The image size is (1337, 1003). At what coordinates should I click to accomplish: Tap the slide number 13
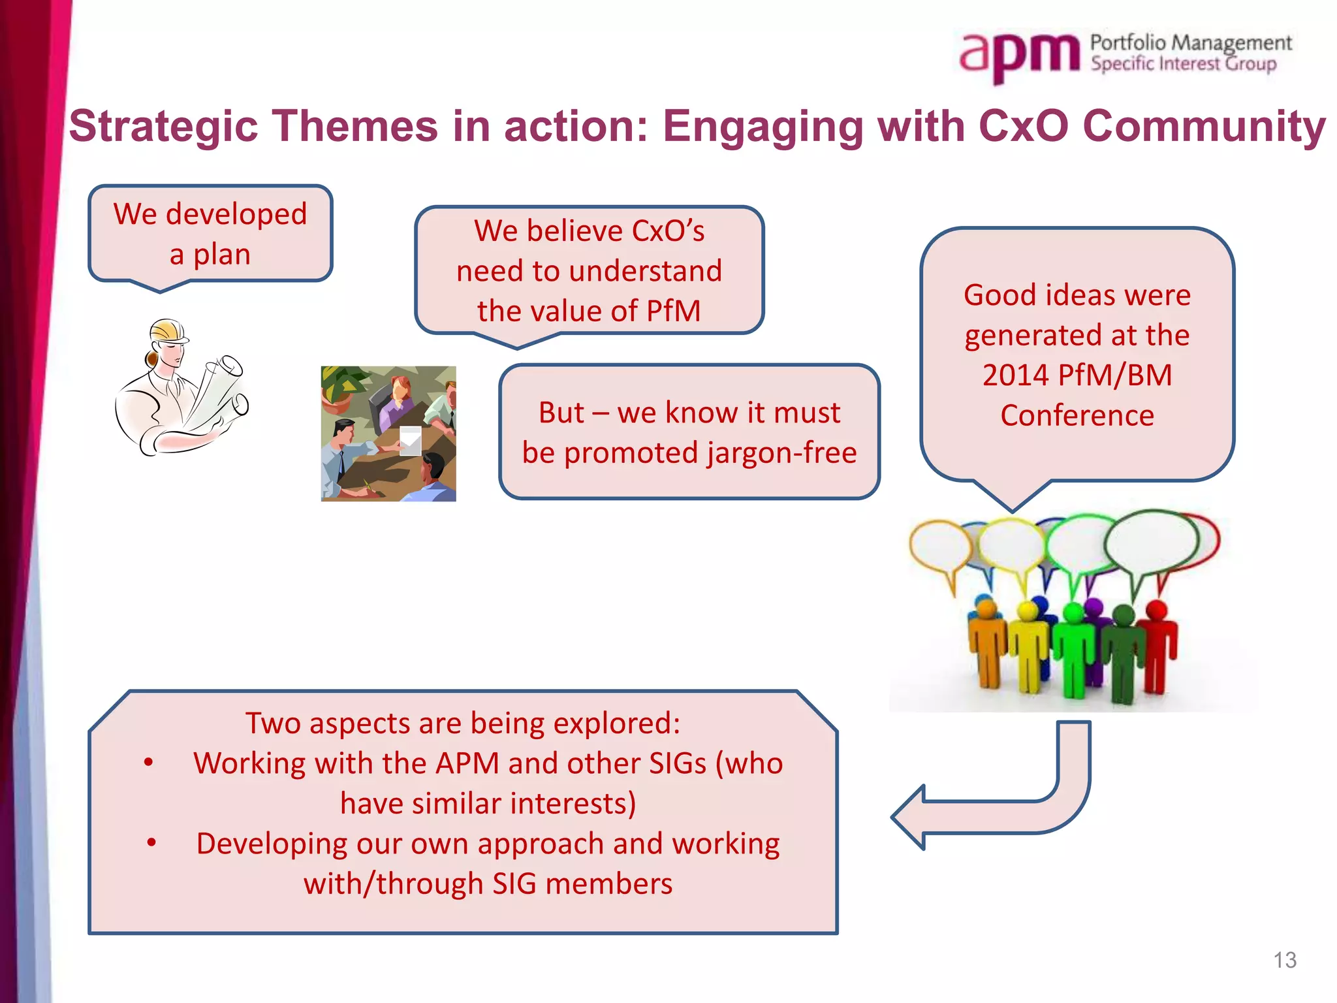1284,960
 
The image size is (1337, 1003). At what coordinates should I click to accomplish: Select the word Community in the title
1204,125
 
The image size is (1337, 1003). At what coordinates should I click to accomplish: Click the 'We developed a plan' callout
210,234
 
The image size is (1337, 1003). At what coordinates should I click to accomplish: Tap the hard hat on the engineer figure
168,330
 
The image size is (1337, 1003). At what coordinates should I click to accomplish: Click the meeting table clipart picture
388,434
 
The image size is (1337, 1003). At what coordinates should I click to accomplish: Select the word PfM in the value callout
673,311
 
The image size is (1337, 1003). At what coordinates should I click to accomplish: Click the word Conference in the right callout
1077,415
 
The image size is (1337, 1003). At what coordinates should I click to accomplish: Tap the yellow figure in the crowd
1028,646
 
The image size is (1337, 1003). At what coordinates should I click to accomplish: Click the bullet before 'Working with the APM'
149,763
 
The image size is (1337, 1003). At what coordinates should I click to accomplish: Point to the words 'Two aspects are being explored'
463,723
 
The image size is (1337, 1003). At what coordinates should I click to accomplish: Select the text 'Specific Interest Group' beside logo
1183,64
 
